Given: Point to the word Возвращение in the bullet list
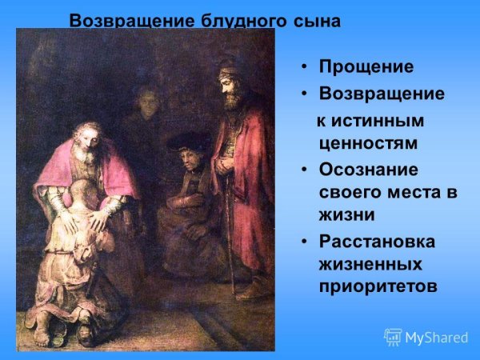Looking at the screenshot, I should (382, 94).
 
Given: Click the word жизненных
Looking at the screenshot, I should (370, 263).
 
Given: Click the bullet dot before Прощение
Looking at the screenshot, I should (304, 67).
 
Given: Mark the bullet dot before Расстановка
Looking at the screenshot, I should (304, 242).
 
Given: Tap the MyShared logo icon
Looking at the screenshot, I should (393, 337).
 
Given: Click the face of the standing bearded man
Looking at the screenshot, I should (232, 88).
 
